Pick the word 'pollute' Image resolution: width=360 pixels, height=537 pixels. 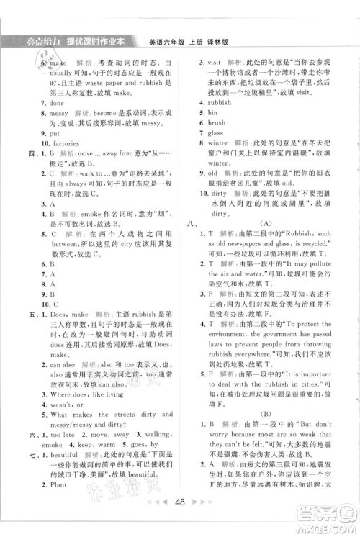pos(336,263)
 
